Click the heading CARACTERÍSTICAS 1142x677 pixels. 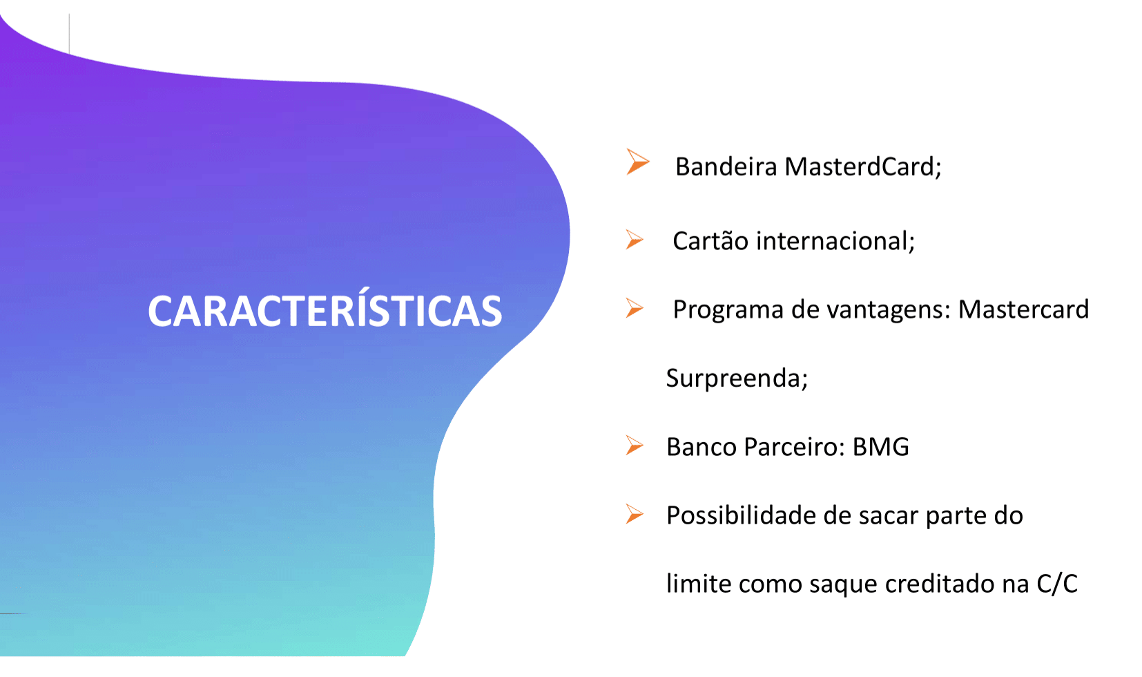(325, 311)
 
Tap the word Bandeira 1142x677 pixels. (726, 166)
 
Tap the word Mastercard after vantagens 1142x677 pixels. (1023, 309)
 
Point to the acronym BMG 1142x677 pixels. (881, 447)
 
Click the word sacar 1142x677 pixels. (888, 516)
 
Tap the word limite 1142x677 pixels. (698, 584)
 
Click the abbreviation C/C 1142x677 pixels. (1057, 584)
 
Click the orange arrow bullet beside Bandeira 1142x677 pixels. (637, 162)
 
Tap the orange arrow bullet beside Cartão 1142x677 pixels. (635, 240)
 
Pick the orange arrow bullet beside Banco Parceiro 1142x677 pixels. (635, 446)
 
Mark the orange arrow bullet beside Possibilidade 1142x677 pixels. (635, 514)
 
